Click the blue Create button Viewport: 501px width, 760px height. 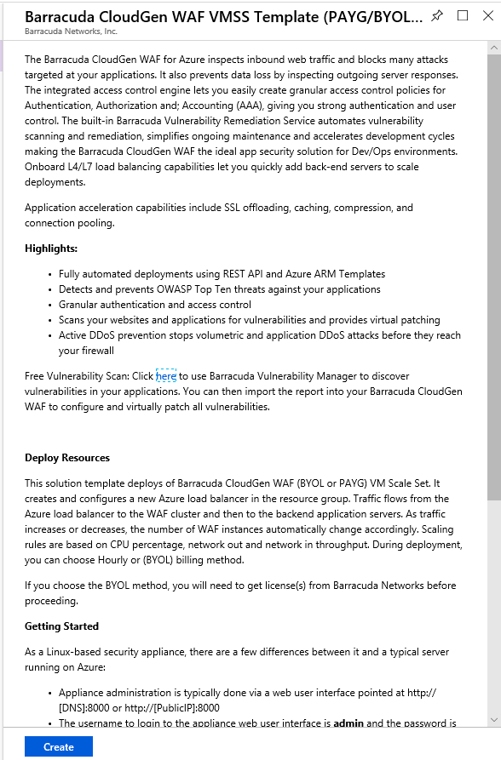pyautogui.click(x=58, y=746)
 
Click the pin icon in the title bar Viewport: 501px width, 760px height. pyautogui.click(x=437, y=16)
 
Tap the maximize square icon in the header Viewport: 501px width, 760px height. pyautogui.click(x=463, y=15)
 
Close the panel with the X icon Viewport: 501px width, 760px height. pyautogui.click(x=487, y=15)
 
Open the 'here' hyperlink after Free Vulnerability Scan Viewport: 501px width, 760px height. pyautogui.click(x=166, y=375)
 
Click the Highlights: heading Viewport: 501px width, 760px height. pyautogui.click(x=51, y=248)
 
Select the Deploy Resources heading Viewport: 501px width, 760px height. pyautogui.click(x=67, y=458)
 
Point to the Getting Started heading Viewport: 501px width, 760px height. pyautogui.click(x=62, y=626)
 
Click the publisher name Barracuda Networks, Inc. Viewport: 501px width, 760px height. pyautogui.click(x=71, y=31)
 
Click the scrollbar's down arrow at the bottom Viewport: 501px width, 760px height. pyautogui.click(x=494, y=721)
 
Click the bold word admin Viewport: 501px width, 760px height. pyautogui.click(x=349, y=723)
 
